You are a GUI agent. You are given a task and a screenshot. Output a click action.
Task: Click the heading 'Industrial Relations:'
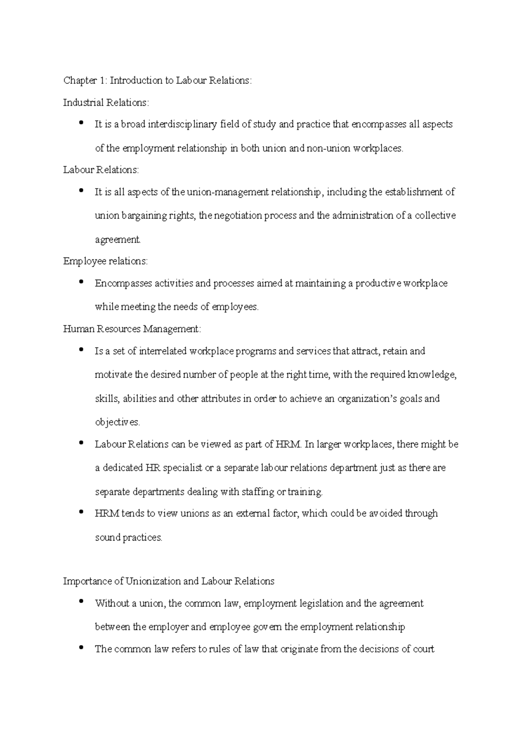[106, 103]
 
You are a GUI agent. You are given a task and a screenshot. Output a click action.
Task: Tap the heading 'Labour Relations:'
[101, 170]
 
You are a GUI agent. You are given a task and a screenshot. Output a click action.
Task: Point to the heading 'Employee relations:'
[106, 261]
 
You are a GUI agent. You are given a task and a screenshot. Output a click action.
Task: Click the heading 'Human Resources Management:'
[132, 329]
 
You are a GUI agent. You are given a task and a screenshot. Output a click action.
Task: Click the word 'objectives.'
[117, 422]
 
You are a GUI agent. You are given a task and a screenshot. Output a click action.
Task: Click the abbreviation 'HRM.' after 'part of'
[289, 445]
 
